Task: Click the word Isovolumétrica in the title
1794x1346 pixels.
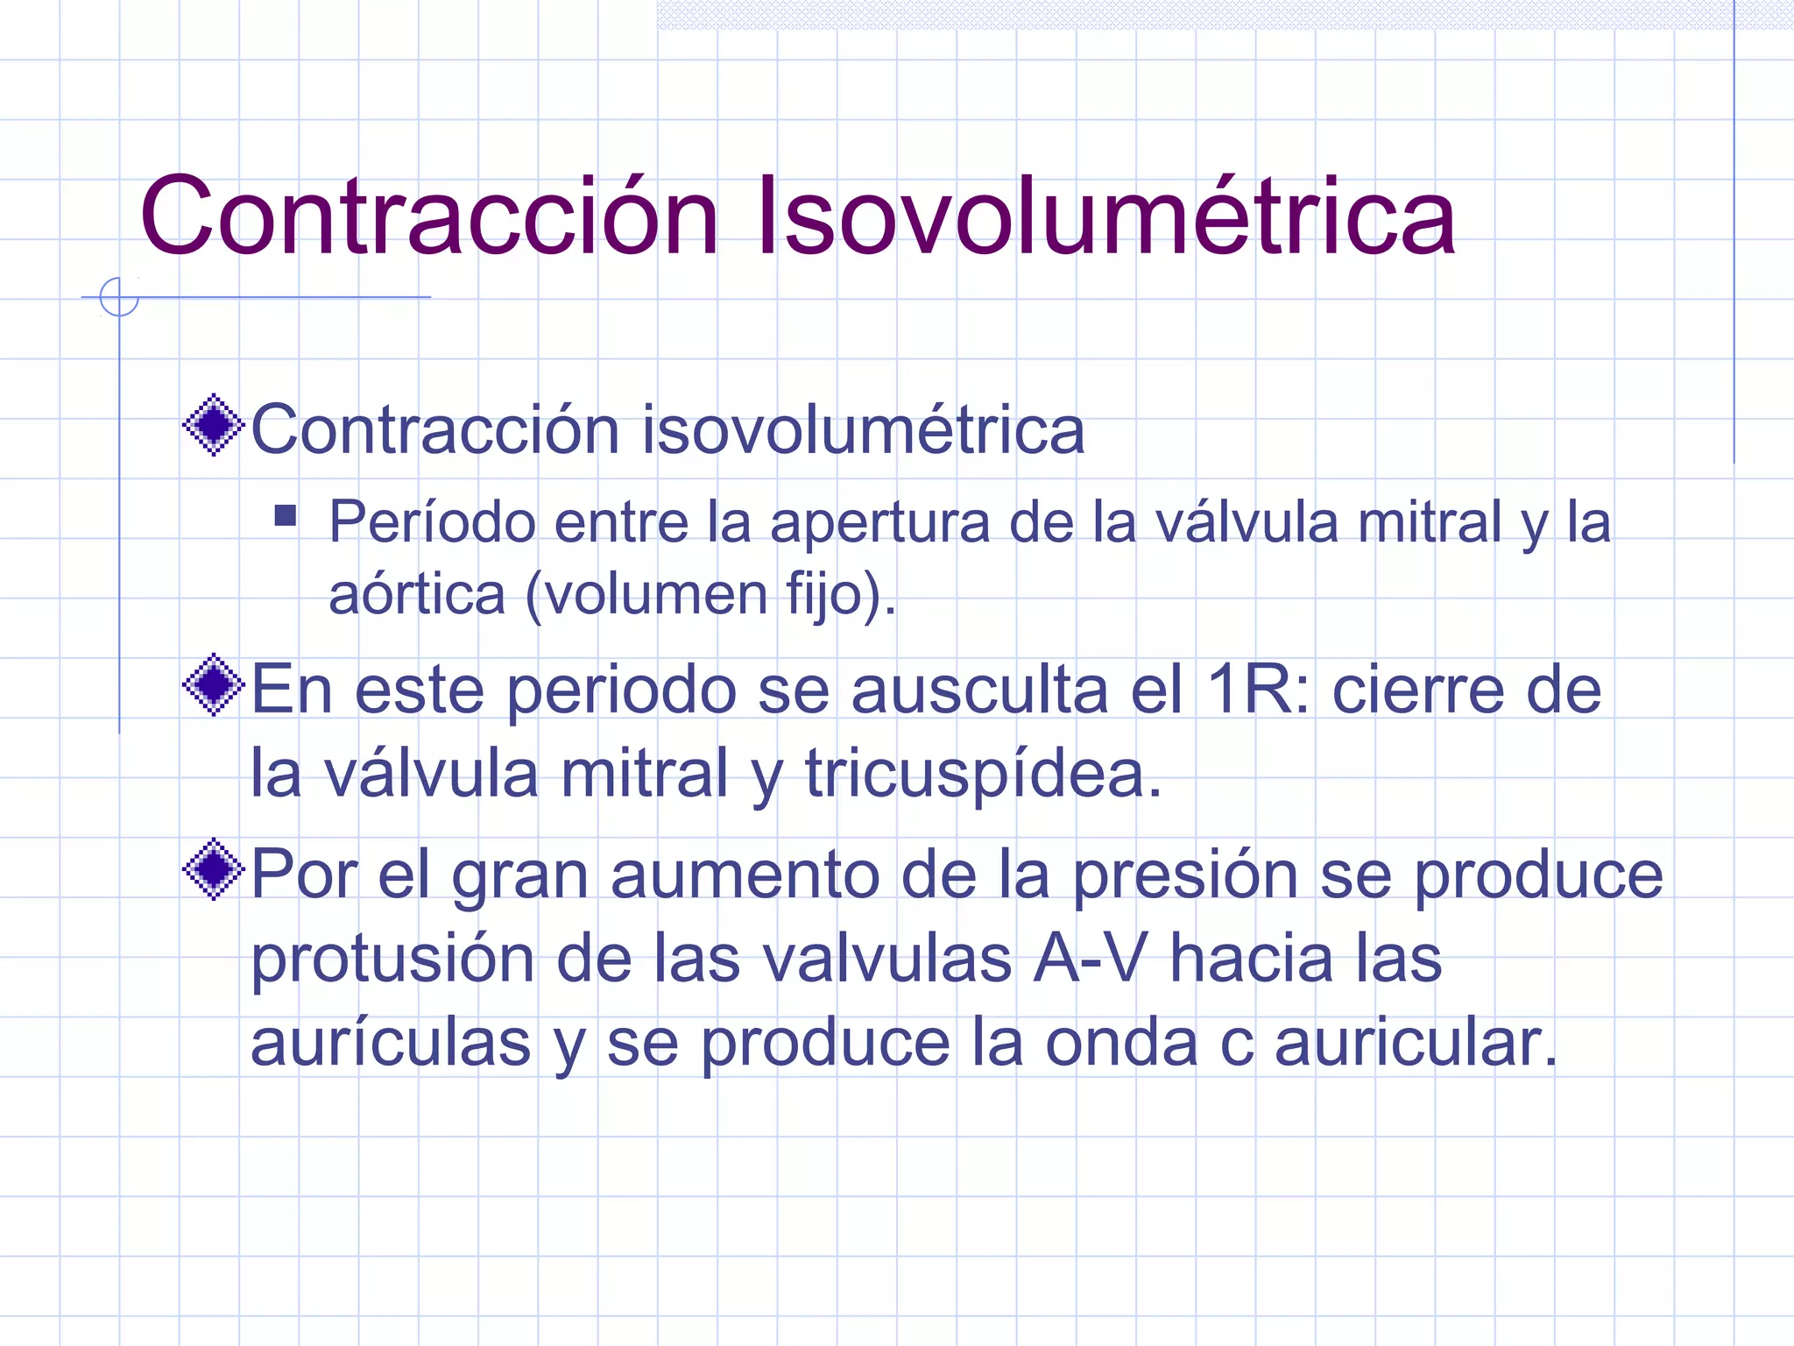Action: [x=1105, y=216]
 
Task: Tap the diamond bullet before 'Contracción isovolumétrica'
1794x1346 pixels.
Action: [x=213, y=426]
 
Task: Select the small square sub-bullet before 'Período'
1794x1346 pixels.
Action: [x=285, y=514]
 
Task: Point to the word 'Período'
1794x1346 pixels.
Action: [x=432, y=522]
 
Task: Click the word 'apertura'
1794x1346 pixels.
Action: [x=879, y=524]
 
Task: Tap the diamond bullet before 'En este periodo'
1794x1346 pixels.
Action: [x=213, y=684]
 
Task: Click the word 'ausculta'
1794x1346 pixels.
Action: [x=979, y=691]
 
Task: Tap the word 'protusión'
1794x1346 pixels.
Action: [x=392, y=960]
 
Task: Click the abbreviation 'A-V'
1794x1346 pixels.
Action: [x=1090, y=959]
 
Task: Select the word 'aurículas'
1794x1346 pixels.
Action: [x=391, y=1043]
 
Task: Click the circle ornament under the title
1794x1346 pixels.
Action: [x=119, y=296]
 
